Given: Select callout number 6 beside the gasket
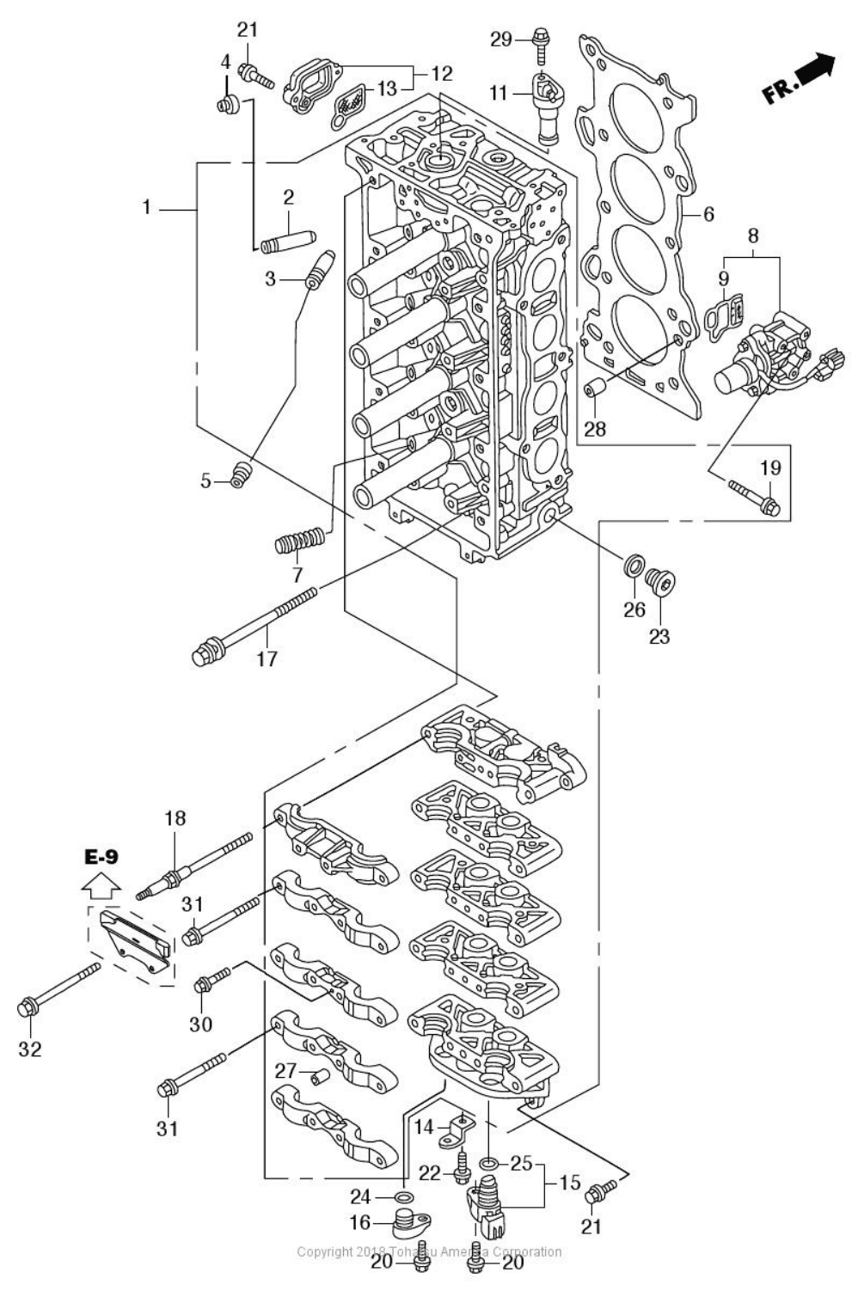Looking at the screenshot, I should coord(708,214).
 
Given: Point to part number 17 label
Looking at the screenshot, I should coord(267,658).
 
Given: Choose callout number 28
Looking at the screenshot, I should coord(595,428).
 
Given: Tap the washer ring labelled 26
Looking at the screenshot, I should coord(633,566).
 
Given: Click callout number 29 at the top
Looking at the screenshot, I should coord(501,39).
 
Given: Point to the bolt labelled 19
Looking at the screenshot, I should coord(751,497).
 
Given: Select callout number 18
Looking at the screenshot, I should coord(175,817).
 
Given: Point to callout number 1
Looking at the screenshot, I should coord(147,207).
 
